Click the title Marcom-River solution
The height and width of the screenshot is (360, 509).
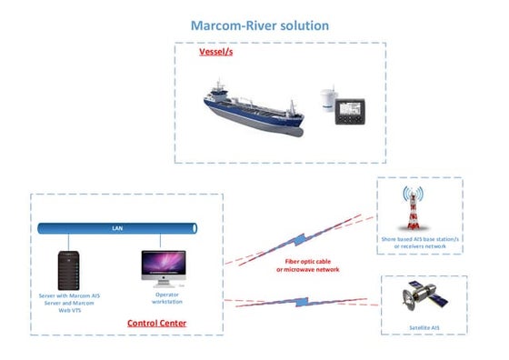[254, 25]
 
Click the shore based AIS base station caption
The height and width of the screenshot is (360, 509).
[420, 241]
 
